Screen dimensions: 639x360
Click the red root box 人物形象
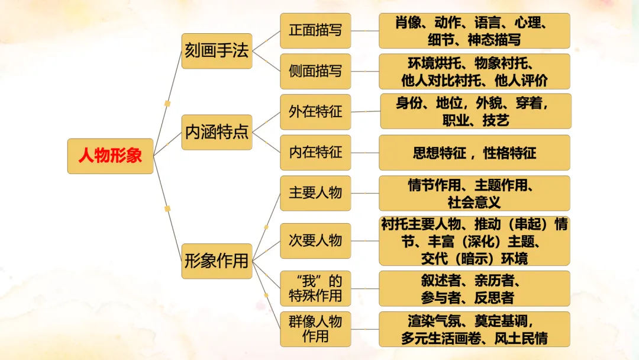110,156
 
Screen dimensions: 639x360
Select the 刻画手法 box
217,51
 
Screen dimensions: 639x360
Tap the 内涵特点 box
217,132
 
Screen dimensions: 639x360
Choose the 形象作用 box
217,261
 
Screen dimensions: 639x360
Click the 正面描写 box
315,31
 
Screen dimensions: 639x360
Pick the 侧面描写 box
315,71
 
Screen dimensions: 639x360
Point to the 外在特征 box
315,112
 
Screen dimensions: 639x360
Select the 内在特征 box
315,152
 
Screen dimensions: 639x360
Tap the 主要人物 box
315,193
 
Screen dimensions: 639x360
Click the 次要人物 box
315,240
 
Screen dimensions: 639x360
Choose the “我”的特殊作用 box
315,288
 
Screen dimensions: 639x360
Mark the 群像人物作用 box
315,329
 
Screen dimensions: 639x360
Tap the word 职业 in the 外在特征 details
456,120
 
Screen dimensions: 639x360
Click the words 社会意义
474,202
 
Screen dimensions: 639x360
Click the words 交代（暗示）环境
474,258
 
